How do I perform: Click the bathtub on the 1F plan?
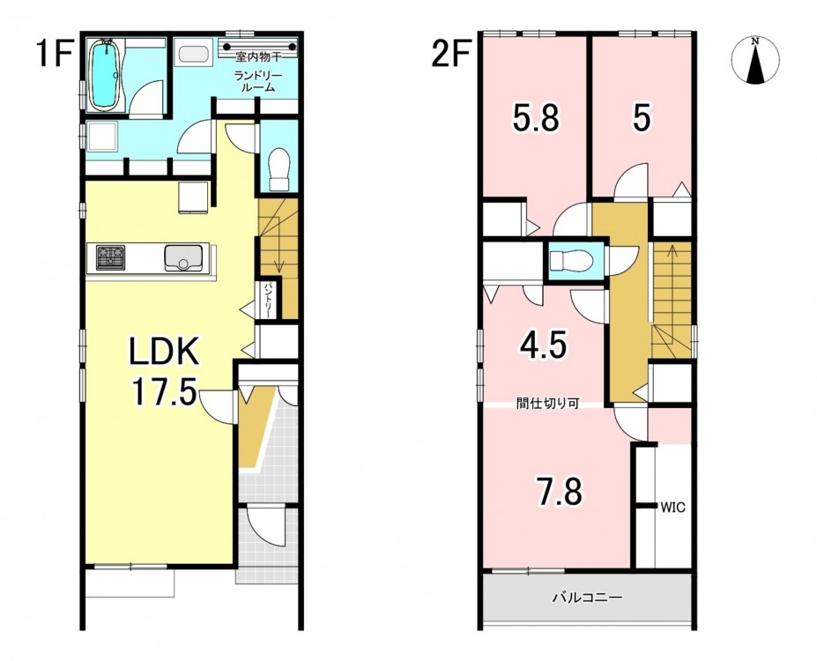[107, 75]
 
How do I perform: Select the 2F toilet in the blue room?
[570, 260]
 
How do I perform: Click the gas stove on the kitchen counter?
[110, 258]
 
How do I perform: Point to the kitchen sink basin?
[183, 258]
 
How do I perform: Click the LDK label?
[164, 352]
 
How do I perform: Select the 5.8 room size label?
[536, 118]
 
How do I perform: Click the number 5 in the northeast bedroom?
[642, 118]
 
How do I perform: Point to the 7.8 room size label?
[560, 491]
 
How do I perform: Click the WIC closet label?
[672, 508]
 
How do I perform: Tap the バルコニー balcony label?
[587, 598]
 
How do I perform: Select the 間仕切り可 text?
[547, 404]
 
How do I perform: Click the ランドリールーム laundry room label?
[257, 82]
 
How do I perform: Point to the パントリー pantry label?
[268, 301]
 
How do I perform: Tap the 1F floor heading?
[54, 55]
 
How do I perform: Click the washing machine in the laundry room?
[194, 53]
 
